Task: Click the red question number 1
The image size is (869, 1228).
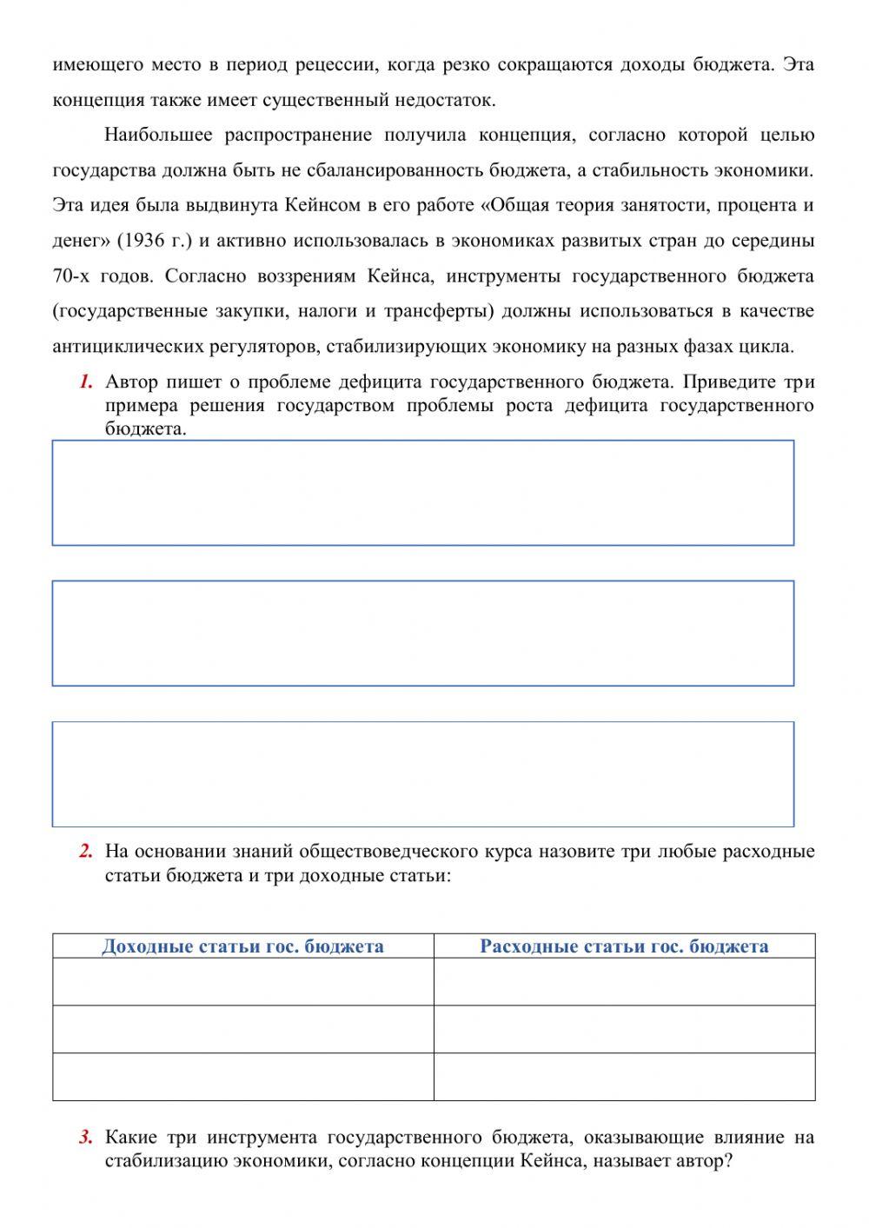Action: click(85, 382)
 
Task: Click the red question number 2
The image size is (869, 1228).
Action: click(85, 851)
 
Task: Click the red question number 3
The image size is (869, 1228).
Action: click(85, 1138)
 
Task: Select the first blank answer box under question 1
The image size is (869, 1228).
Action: click(422, 493)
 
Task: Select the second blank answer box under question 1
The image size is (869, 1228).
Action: click(422, 633)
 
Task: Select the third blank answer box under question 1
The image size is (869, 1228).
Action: click(422, 773)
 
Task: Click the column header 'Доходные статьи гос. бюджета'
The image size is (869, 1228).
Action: click(242, 946)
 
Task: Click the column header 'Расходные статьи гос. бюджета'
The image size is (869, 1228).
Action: click(624, 946)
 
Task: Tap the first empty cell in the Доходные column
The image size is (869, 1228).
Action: click(242, 982)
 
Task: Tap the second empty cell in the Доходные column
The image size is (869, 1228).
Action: click(242, 1029)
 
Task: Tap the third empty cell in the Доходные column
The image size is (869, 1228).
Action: click(242, 1077)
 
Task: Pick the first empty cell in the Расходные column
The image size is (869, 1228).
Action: click(624, 982)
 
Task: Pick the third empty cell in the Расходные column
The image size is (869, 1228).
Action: click(624, 1077)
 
